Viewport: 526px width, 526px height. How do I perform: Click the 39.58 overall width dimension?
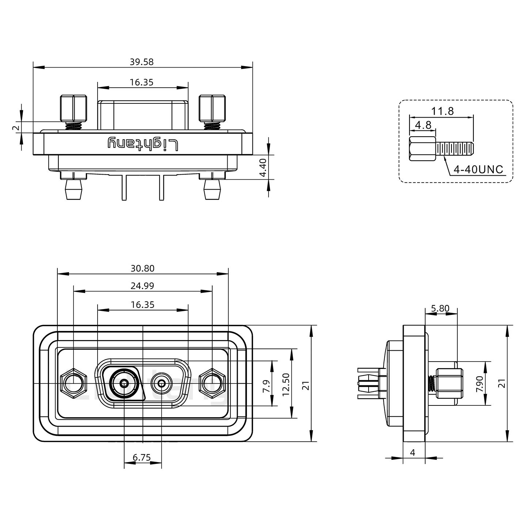(141, 62)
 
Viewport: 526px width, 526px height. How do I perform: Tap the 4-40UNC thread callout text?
(478, 169)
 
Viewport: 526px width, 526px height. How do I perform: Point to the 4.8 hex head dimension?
(423, 125)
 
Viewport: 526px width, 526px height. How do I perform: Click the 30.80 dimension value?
(142, 268)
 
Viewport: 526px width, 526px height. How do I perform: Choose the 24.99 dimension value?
(142, 286)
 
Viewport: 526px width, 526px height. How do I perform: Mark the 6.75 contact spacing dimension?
(142, 457)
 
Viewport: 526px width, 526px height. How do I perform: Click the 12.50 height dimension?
(286, 385)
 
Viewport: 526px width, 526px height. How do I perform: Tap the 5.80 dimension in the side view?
(440, 308)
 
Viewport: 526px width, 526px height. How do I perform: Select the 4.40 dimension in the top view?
(263, 168)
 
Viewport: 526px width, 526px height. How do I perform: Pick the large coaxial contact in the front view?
(124, 384)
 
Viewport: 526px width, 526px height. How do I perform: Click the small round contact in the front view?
(161, 384)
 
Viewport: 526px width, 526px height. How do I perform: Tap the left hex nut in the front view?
(73, 383)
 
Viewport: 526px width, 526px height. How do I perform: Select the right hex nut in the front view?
(212, 383)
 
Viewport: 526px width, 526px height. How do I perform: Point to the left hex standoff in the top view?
(73, 108)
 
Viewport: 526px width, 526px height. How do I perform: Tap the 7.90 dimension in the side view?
(479, 384)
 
